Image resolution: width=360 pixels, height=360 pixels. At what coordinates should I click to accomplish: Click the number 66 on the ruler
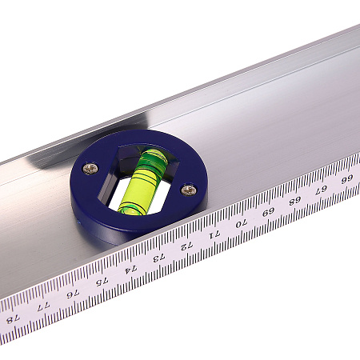click(x=347, y=179)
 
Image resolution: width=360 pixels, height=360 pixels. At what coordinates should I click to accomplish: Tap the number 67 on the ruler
click(x=321, y=190)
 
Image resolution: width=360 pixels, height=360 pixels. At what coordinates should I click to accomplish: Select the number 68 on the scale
click(x=295, y=201)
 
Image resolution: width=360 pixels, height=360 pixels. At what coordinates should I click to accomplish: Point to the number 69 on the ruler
click(x=268, y=212)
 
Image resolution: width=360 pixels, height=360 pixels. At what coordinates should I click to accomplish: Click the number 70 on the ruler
click(x=242, y=223)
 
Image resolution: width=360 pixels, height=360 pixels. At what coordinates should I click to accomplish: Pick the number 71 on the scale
click(x=214, y=234)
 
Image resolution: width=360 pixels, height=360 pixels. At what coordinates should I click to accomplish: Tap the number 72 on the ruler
click(x=186, y=246)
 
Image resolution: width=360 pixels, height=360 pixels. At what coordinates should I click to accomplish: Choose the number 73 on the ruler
click(x=159, y=258)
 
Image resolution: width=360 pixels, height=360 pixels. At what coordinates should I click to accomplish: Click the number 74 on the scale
click(x=130, y=270)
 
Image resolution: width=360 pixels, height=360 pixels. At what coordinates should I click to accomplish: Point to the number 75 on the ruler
click(x=102, y=282)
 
